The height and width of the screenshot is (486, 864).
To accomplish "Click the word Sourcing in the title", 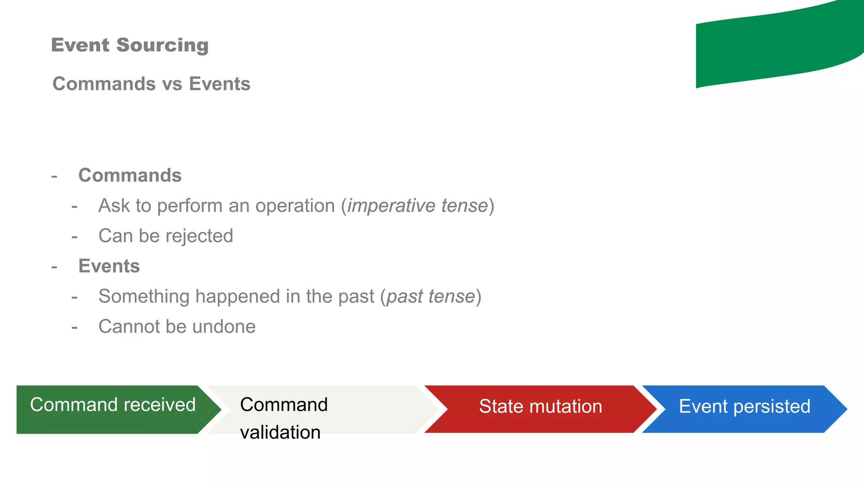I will pos(162,45).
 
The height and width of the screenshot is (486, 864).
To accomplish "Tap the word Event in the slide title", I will pos(81,45).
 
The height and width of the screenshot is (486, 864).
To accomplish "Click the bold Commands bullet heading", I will pos(130,175).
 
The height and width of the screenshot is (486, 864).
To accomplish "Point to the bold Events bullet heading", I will pos(109,266).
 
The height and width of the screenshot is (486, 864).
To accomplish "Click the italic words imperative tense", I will pos(417,206).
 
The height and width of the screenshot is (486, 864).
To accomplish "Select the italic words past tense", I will pos(431,297).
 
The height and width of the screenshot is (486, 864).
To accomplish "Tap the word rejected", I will pos(199,236).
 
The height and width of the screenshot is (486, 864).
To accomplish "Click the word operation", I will pos(295,206).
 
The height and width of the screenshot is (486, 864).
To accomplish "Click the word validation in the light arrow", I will pos(280,432).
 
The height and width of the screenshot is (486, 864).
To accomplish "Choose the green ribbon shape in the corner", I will pos(776,46).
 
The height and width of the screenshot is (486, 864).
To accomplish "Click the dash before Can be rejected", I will pos(75,237).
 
